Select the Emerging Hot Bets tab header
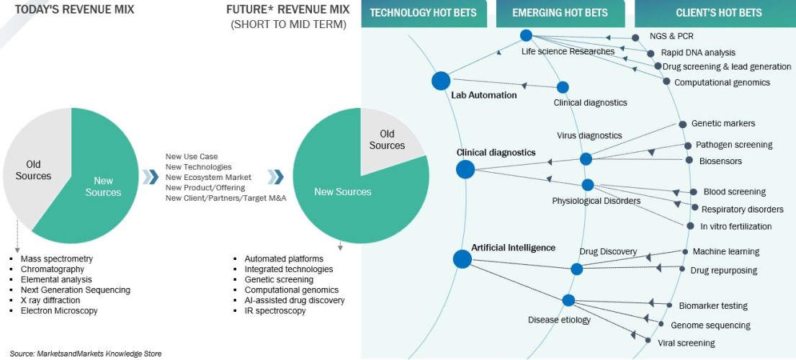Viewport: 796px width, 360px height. (560, 13)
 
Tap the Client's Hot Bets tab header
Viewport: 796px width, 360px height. (718, 13)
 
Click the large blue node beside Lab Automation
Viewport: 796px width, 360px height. (441, 81)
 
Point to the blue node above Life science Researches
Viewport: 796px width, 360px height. (526, 35)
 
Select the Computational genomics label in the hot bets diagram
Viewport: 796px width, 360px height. (722, 83)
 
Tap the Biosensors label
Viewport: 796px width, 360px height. (720, 161)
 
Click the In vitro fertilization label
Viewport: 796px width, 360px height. (735, 226)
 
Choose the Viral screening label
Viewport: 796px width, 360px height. (687, 343)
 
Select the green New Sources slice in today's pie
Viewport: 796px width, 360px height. (103, 187)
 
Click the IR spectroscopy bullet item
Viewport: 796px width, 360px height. (274, 310)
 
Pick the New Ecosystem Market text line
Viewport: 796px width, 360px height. (208, 177)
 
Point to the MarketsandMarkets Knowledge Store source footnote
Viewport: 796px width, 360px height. (86, 354)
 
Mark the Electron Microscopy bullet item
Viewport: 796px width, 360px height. (59, 310)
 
